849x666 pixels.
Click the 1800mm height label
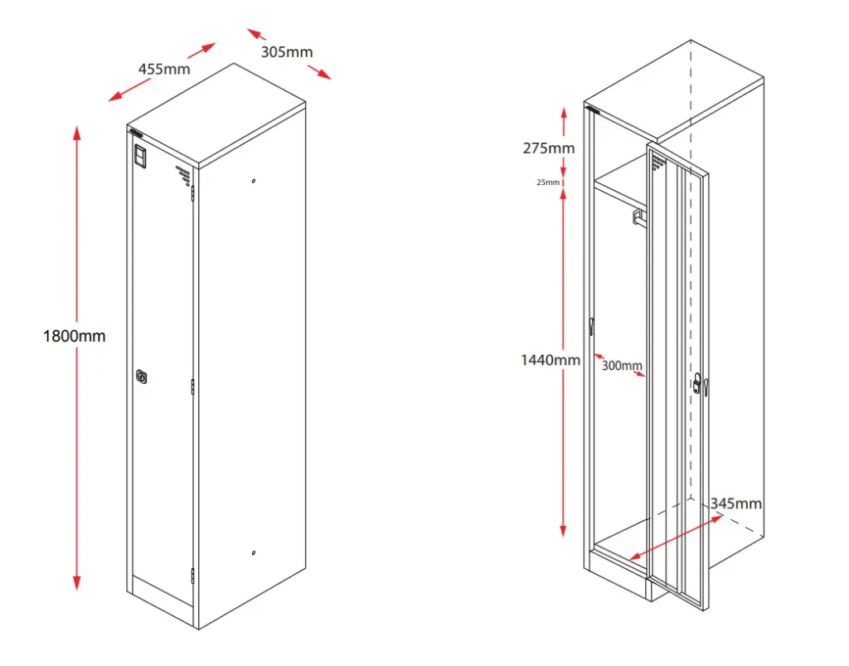coord(75,336)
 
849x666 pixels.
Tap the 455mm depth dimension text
coord(163,69)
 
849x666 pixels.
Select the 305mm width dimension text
coord(287,52)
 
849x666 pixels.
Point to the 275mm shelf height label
coord(548,148)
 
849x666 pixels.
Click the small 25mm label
coord(548,182)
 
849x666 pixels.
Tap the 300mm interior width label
coord(622,365)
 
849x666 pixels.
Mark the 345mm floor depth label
coord(736,503)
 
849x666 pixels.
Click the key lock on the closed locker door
coord(143,377)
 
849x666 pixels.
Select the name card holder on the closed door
coord(140,156)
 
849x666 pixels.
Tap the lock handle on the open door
coord(699,384)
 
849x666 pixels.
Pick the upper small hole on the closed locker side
coord(254,182)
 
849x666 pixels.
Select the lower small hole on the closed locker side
coord(254,553)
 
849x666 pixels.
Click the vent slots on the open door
coord(658,161)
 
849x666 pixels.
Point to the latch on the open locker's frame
coord(592,326)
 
